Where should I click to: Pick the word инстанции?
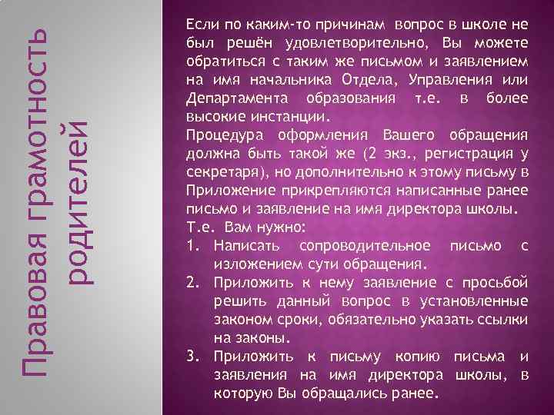click(293, 118)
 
